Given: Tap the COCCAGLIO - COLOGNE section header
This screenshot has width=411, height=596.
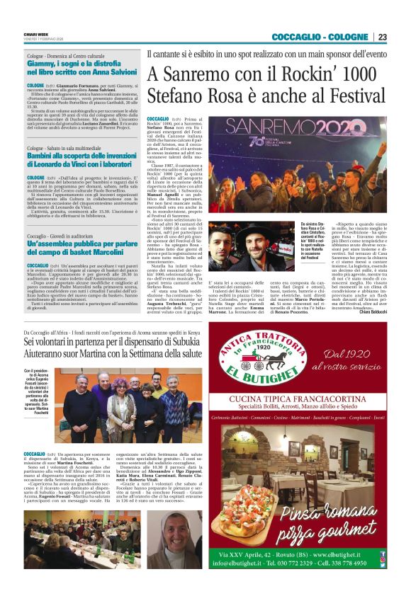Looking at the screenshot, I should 320,37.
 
